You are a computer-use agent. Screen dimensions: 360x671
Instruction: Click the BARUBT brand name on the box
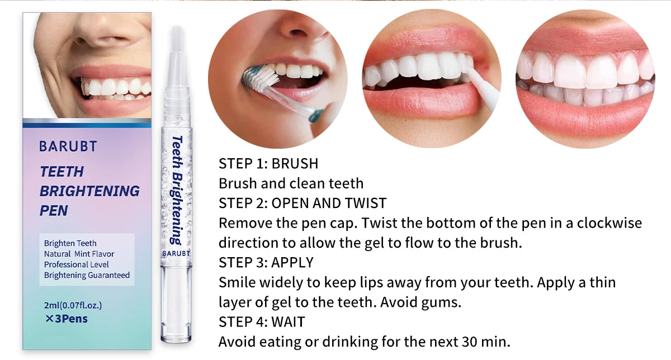[68, 146]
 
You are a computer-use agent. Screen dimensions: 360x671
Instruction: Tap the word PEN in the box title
[54, 211]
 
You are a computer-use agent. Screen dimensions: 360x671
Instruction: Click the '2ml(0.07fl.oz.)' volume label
[73, 305]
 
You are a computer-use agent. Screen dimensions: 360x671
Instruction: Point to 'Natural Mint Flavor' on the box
[79, 254]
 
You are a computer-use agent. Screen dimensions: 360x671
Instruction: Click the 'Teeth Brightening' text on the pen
[177, 190]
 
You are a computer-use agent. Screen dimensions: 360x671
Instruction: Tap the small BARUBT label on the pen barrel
[176, 253]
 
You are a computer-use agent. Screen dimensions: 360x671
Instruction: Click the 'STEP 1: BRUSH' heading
[268, 164]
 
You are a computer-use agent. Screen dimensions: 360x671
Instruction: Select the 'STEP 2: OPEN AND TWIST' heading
[303, 203]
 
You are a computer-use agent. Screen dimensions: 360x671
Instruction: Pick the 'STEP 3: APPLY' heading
[266, 262]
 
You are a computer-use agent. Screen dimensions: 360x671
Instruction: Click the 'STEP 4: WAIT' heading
[262, 322]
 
